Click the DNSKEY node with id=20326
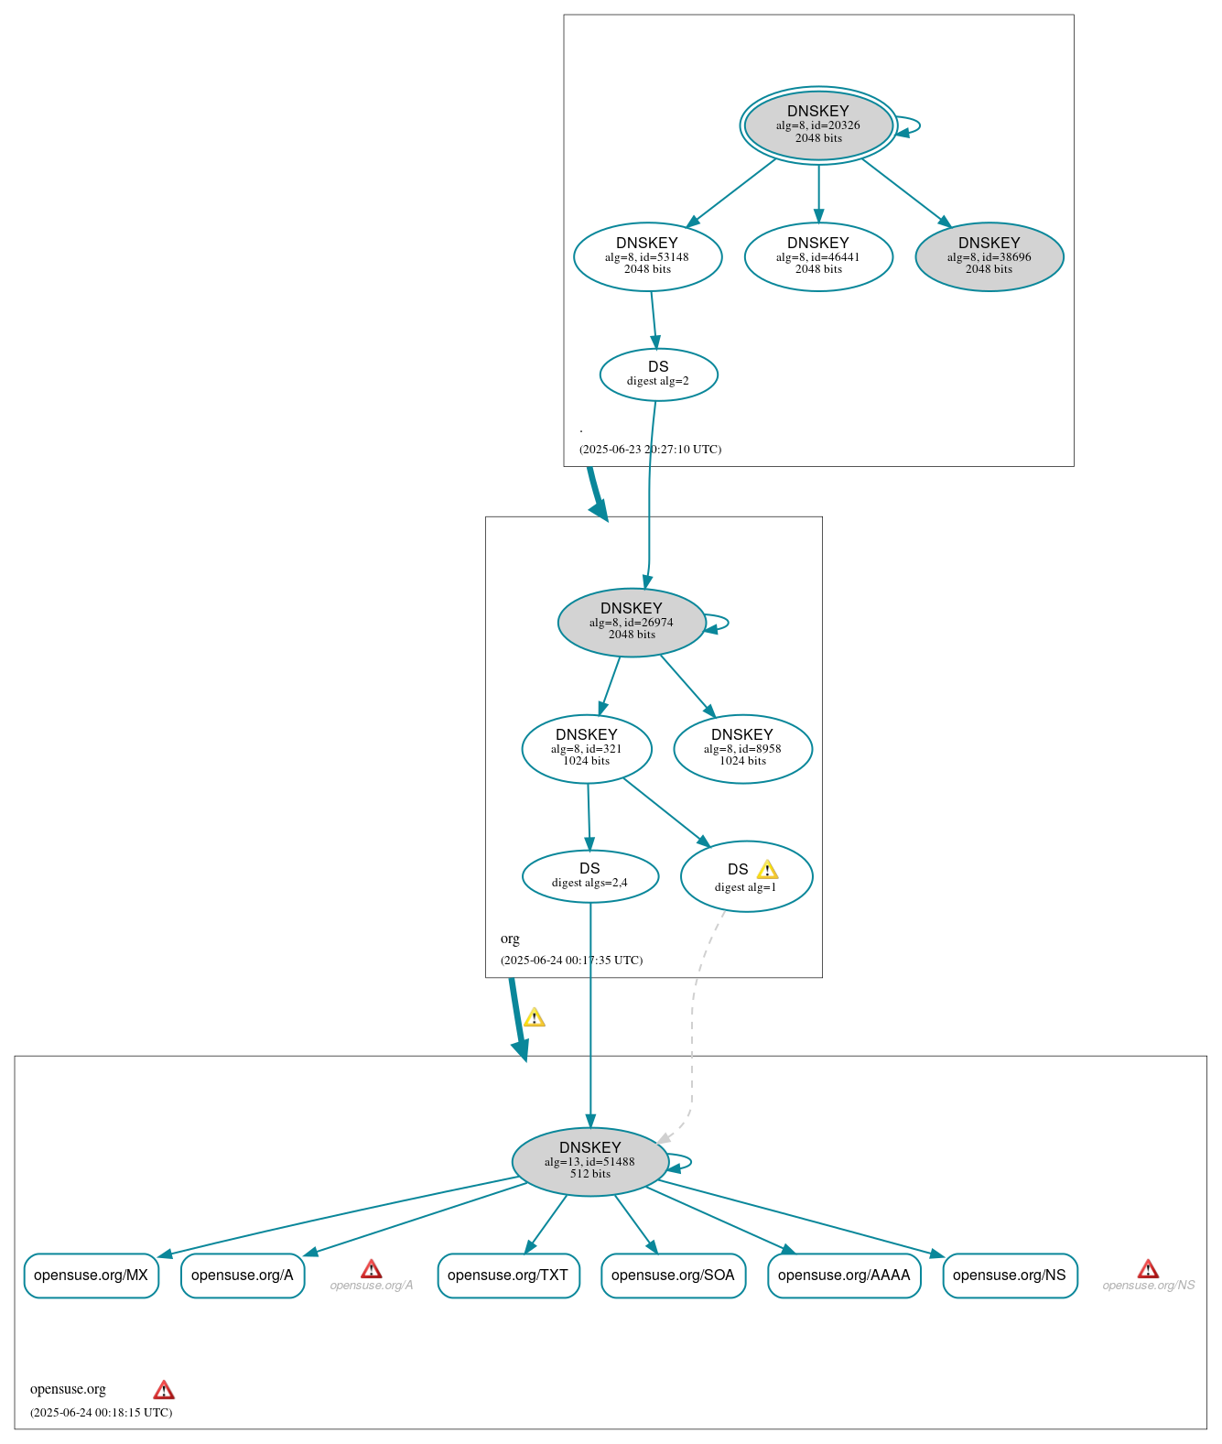tap(817, 125)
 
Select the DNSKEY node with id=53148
tap(647, 256)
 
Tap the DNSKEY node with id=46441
tap(817, 256)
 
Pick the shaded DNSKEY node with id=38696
tap(989, 256)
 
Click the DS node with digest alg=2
tap(658, 374)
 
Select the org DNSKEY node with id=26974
tap(631, 622)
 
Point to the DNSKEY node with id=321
tap(586, 748)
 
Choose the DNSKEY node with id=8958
tap(742, 748)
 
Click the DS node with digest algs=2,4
tap(589, 875)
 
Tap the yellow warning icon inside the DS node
tap(767, 870)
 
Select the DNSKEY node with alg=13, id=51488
tap(589, 1161)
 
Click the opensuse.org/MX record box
tap(91, 1275)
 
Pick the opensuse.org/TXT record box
tap(508, 1275)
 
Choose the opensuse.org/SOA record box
tap(673, 1275)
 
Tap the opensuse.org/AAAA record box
tap(843, 1275)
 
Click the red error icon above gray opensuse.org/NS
tap(1148, 1268)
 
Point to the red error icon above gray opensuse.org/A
tap(371, 1268)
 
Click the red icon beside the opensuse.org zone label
tap(164, 1390)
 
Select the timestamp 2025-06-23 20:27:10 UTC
tap(650, 449)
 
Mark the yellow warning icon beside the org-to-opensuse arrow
tap(534, 1017)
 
